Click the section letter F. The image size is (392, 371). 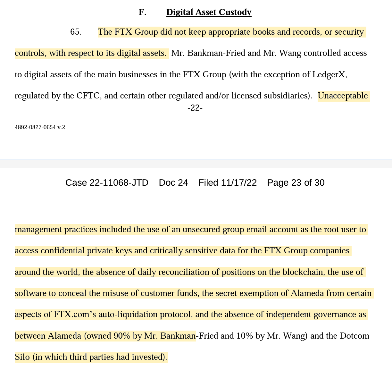coord(142,12)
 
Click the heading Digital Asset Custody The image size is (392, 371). coord(209,12)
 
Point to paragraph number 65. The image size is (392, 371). coord(76,32)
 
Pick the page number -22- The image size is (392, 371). coord(195,108)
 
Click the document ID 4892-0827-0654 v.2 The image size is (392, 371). coord(40,127)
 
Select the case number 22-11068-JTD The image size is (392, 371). coord(119,183)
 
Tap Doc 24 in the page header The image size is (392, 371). coord(173,183)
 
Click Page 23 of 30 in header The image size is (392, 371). coord(296,183)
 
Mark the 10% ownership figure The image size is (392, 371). coord(245,336)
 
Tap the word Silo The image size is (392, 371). coord(22,357)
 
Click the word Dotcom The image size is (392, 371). coord(354,336)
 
